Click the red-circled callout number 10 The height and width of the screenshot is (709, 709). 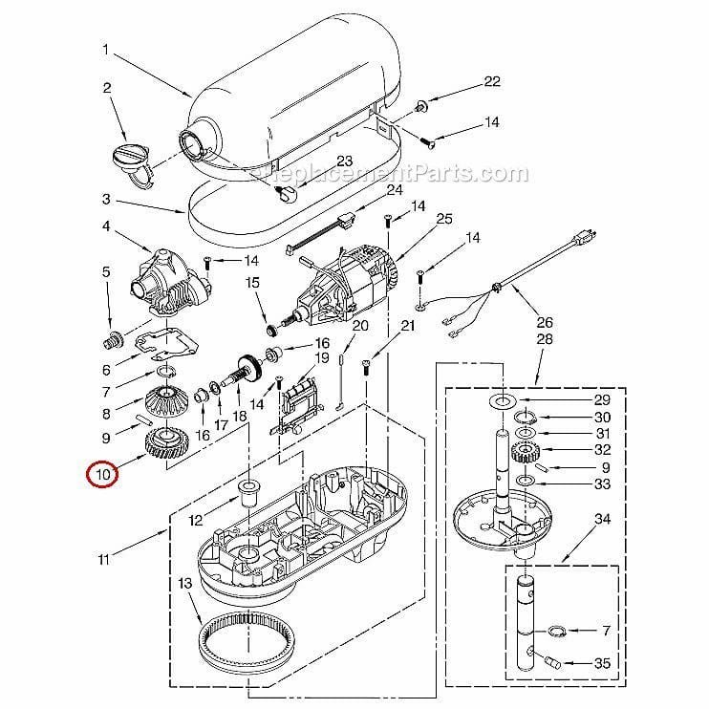click(102, 472)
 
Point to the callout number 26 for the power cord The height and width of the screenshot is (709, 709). click(545, 321)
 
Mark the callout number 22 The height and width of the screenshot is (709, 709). click(491, 82)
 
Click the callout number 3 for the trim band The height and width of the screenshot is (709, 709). click(107, 200)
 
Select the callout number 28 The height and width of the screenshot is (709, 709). click(545, 340)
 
